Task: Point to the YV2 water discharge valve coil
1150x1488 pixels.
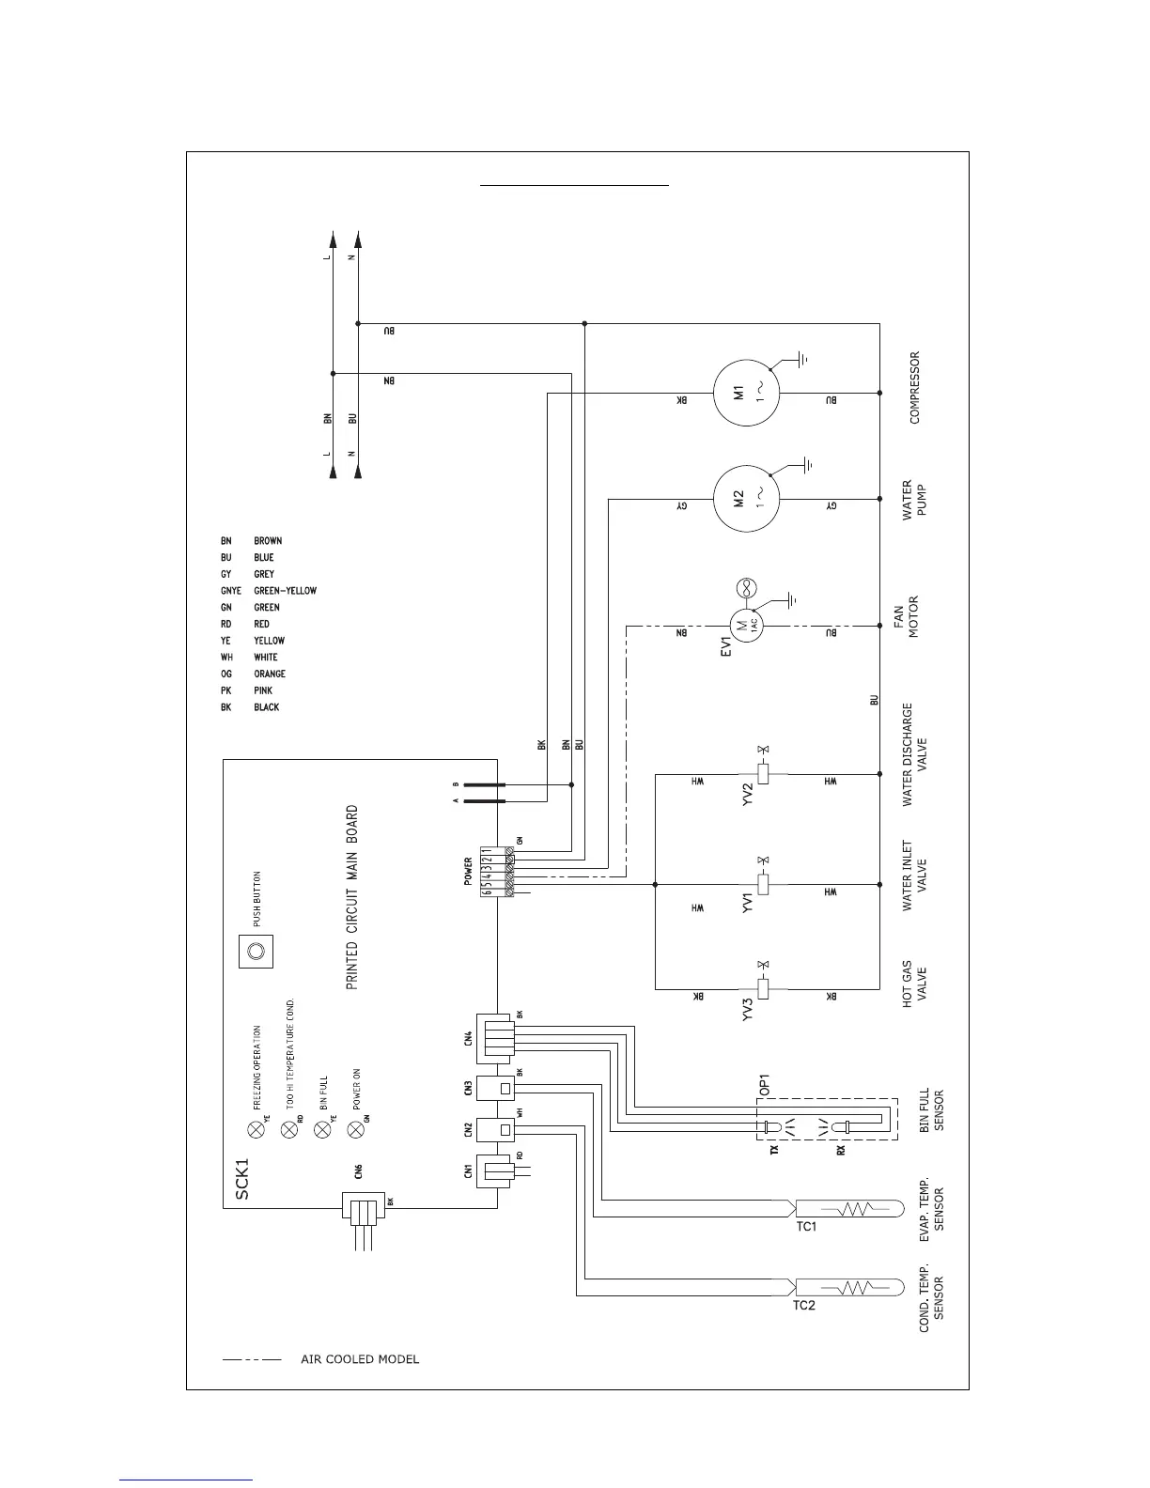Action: pos(763,774)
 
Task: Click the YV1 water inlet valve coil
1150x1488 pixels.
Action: pos(763,884)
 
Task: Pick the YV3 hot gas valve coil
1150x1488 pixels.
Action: pos(763,988)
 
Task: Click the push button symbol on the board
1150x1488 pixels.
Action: pos(254,951)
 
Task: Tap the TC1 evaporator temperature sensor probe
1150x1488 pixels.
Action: pos(849,1207)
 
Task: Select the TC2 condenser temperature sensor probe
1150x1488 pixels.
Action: pos(849,1286)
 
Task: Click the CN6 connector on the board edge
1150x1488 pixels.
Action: pos(365,1209)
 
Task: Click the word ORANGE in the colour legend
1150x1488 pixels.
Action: pos(270,674)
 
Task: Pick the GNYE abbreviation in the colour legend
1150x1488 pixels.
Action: pos(231,591)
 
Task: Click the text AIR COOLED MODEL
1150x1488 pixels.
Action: pos(360,1359)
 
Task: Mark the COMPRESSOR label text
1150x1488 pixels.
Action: pos(915,387)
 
